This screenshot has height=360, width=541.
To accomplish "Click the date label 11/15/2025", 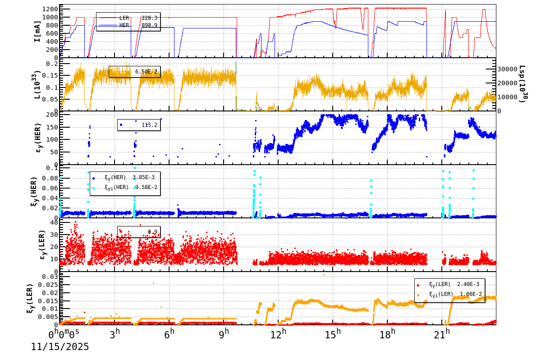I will point(60,347).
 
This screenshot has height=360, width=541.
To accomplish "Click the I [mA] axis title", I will point(37,31).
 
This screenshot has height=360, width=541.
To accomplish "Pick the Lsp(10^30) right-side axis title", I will point(523,84).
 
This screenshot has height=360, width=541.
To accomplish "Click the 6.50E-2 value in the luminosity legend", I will point(146,72).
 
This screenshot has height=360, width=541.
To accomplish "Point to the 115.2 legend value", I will point(149,125).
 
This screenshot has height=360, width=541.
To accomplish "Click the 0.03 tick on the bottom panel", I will point(50,277).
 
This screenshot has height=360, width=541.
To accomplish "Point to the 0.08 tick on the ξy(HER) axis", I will point(50,178).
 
